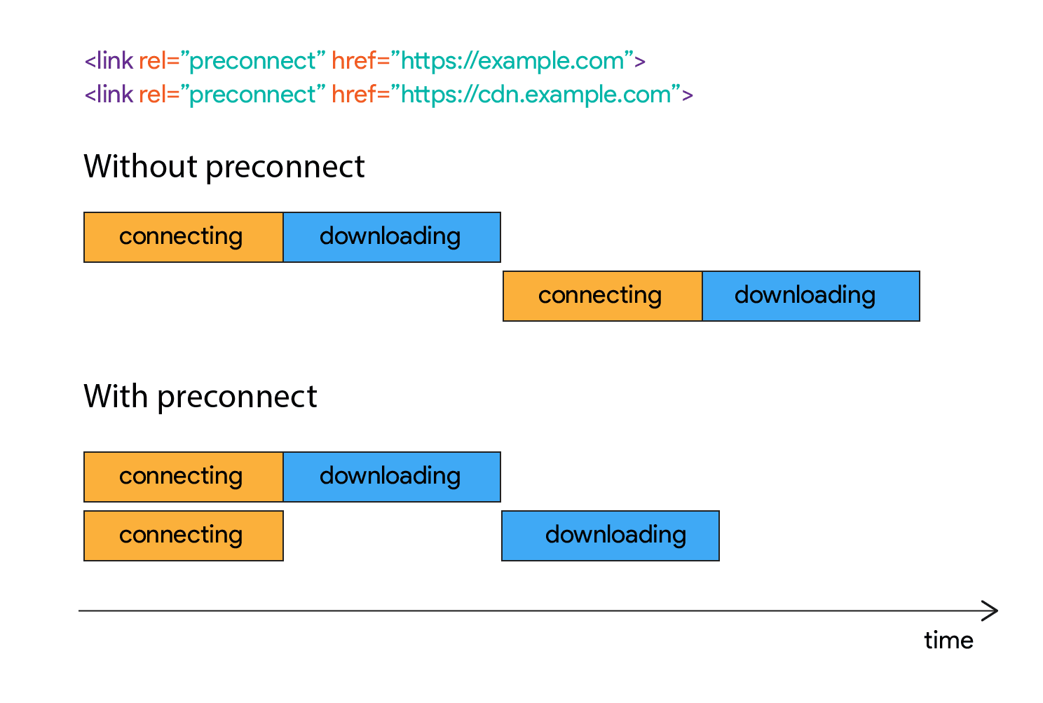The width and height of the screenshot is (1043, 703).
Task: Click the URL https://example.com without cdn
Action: [512, 62]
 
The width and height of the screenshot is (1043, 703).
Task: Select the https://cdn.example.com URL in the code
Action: [536, 95]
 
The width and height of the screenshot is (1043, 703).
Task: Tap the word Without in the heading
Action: [140, 167]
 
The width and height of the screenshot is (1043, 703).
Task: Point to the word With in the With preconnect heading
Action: [116, 397]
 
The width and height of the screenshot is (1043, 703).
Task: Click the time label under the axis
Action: [948, 641]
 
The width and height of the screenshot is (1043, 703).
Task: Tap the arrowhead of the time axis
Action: [991, 610]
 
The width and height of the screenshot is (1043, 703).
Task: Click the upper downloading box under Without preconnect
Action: [392, 237]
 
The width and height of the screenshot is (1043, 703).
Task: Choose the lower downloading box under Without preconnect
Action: [810, 296]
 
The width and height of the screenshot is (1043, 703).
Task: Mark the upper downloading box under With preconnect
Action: [392, 477]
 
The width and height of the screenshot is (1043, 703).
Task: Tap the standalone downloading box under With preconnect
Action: [611, 535]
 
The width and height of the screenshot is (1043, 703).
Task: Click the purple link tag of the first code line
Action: [109, 61]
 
